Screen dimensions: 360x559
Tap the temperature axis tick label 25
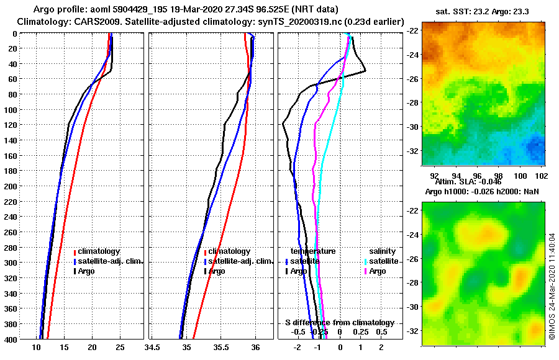click(x=120, y=348)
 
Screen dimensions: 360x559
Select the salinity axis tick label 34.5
click(x=153, y=348)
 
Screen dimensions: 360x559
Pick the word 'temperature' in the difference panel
click(x=313, y=251)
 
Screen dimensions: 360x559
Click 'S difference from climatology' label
click(x=339, y=323)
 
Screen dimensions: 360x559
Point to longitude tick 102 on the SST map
click(x=540, y=176)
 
